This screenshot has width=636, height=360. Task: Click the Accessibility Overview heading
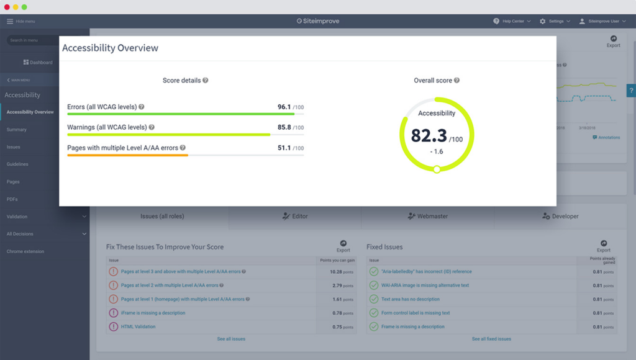pos(110,48)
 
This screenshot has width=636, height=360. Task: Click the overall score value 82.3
pos(429,135)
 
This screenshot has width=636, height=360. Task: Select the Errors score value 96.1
pos(284,107)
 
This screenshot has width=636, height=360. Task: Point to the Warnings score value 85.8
pos(284,127)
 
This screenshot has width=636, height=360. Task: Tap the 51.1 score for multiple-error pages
pos(284,148)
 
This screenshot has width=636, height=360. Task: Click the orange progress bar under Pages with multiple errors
pos(127,155)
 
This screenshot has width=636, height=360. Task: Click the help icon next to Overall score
pos(457,81)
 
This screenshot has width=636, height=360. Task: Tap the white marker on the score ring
pos(437,169)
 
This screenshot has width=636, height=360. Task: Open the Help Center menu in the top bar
pos(512,21)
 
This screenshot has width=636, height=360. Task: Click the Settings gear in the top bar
pos(542,21)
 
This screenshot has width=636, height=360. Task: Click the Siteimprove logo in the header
pos(317,21)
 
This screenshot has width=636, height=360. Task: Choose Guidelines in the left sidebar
pos(17,164)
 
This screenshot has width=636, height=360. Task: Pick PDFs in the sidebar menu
pos(12,199)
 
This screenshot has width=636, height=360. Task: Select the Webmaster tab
pos(427,216)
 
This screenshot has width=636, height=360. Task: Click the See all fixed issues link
pos(491,339)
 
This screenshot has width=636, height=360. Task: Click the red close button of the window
pos(7,7)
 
